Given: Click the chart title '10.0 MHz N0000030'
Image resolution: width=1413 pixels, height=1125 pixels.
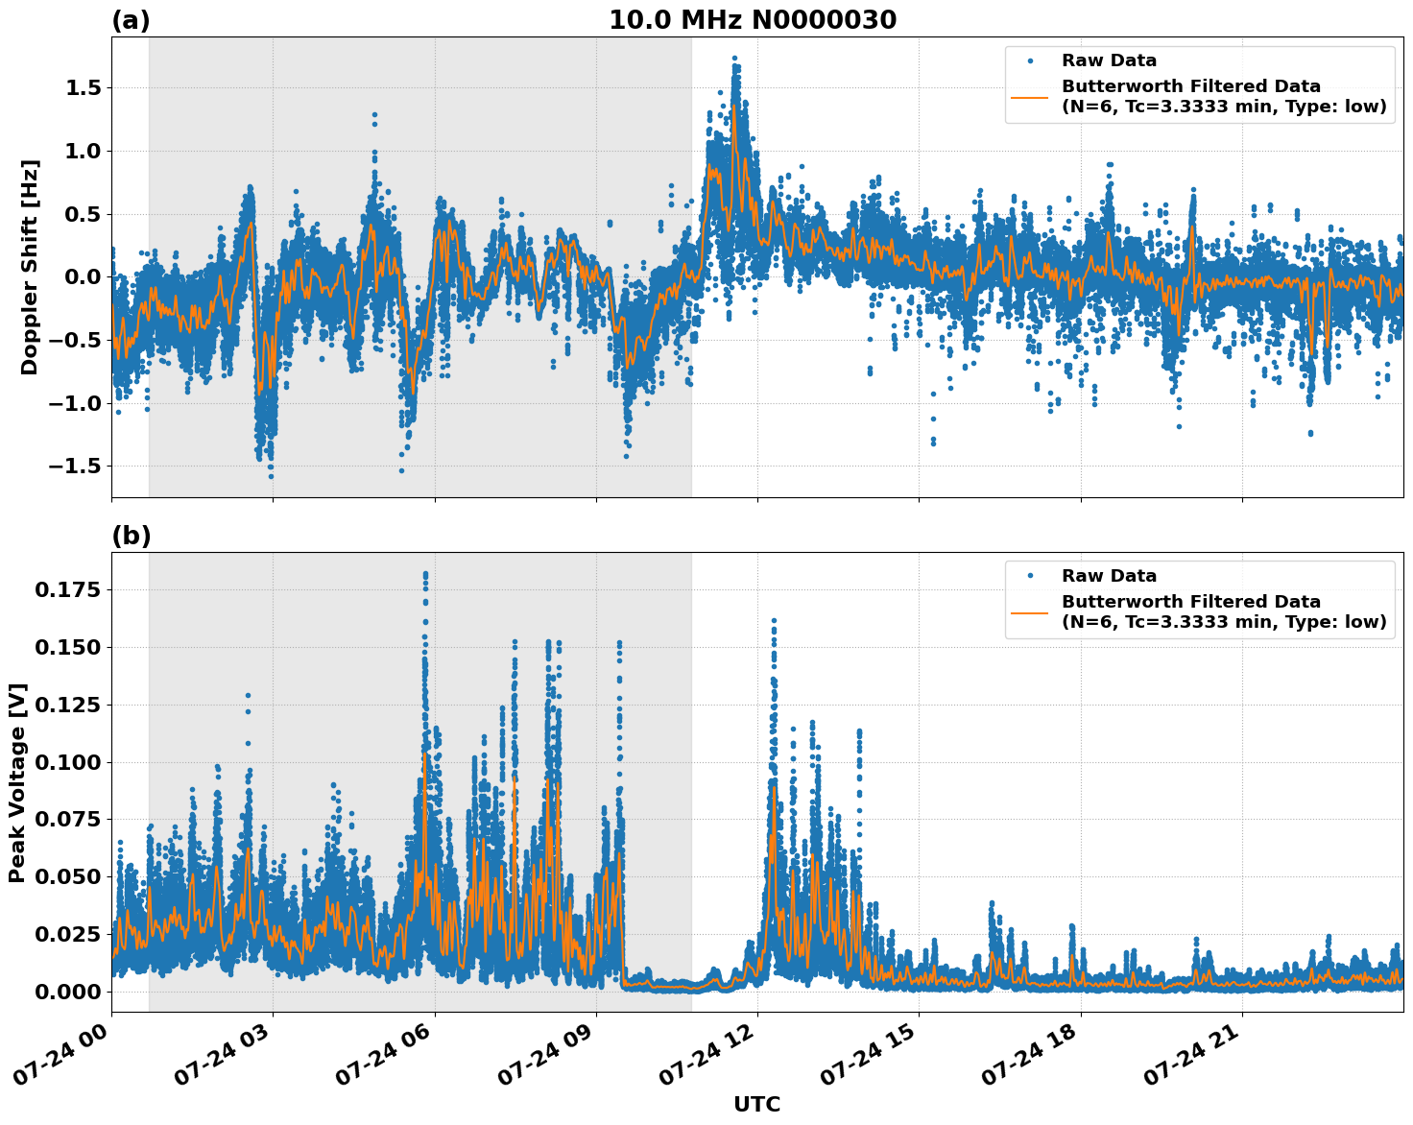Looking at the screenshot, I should click(x=753, y=20).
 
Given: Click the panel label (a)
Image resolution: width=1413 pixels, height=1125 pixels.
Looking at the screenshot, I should click(x=131, y=20).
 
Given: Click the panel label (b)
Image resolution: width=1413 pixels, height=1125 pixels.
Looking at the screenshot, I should click(x=131, y=536).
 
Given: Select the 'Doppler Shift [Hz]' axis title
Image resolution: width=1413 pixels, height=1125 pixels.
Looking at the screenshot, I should click(x=30, y=267).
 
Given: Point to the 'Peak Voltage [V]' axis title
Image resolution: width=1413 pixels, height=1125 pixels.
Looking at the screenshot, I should click(x=17, y=782).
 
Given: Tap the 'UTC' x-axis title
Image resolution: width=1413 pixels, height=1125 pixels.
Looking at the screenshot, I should click(x=756, y=1104).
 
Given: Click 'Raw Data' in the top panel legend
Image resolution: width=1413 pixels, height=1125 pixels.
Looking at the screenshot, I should click(x=1109, y=61).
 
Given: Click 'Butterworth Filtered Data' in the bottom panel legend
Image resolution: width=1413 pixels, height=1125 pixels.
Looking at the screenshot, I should click(x=1190, y=602).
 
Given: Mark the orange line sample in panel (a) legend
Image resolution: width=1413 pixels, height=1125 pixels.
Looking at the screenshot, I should click(x=1030, y=96).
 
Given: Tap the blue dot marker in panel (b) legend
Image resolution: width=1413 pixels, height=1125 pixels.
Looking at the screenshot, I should click(x=1030, y=576).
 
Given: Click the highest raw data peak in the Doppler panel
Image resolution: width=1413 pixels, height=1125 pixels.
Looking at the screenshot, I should click(x=734, y=59).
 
